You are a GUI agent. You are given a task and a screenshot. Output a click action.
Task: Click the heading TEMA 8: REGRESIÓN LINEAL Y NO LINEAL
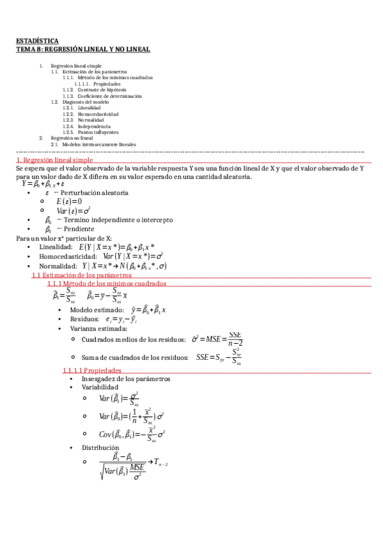tap(82, 49)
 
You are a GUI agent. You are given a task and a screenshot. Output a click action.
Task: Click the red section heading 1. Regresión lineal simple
tap(54, 160)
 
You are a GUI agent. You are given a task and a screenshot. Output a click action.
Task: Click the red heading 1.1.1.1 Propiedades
tap(91, 370)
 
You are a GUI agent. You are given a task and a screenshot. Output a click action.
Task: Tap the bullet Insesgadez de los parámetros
tap(125, 378)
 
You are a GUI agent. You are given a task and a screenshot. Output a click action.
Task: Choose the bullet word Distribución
tap(99, 448)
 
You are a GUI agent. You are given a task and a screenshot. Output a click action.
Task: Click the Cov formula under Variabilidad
tap(132, 434)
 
